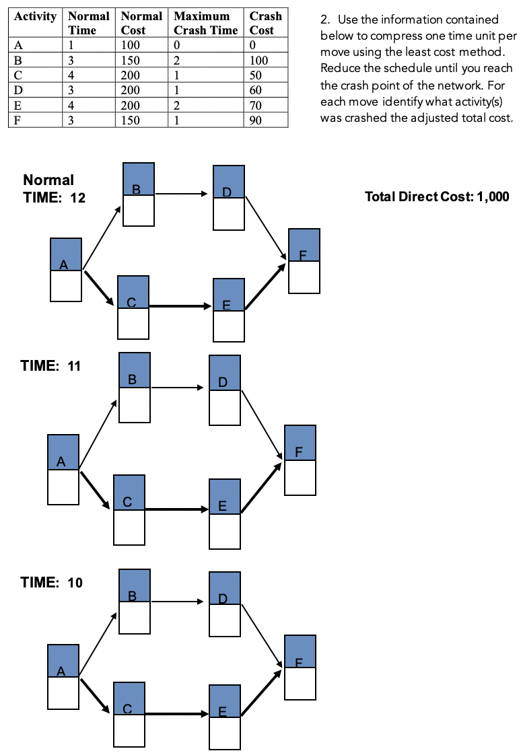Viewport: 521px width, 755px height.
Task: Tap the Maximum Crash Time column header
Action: click(205, 23)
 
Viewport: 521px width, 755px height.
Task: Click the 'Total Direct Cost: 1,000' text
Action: click(436, 196)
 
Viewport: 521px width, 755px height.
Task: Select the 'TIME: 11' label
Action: click(50, 366)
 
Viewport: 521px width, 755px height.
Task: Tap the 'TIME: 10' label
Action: click(52, 582)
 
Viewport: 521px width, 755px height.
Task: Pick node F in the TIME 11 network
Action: click(300, 460)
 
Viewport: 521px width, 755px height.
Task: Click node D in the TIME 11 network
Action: click(225, 390)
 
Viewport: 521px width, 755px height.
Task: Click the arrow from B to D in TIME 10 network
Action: click(178, 601)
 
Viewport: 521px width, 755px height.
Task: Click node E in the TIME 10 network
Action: click(225, 717)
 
